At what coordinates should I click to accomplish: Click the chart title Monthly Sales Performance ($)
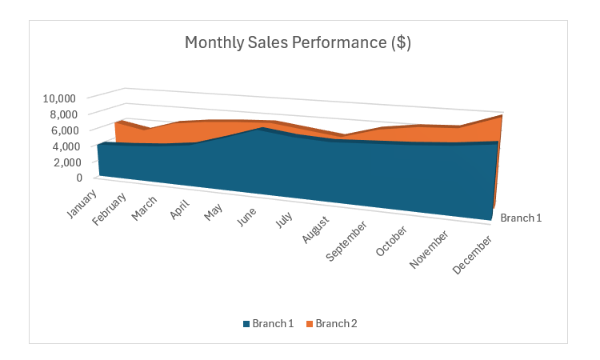298,42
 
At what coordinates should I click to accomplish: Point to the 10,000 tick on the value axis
59,98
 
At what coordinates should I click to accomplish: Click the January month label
81,203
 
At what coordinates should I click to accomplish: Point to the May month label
214,218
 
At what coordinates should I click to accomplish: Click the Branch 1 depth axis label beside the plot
521,218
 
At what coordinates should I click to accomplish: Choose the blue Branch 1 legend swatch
246,324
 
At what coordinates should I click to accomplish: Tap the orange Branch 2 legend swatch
310,324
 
